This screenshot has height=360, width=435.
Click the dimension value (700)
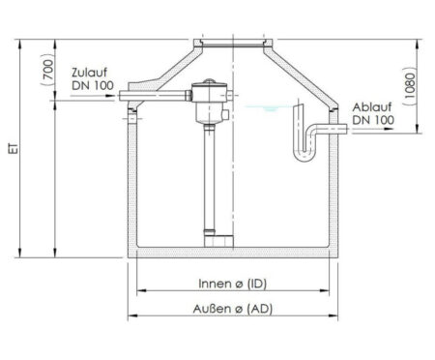pyautogui.click(x=48, y=70)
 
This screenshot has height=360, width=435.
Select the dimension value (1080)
pyautogui.click(x=409, y=86)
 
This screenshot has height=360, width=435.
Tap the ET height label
pyautogui.click(x=14, y=148)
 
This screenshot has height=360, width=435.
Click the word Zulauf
pyautogui.click(x=89, y=73)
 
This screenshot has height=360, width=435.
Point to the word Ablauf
pyautogui.click(x=372, y=107)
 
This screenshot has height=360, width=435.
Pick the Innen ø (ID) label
pyautogui.click(x=233, y=284)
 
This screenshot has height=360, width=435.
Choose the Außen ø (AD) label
pyautogui.click(x=233, y=309)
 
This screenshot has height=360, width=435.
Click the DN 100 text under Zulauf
pyautogui.click(x=93, y=85)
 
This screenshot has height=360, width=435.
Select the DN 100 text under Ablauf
pyautogui.click(x=373, y=120)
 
